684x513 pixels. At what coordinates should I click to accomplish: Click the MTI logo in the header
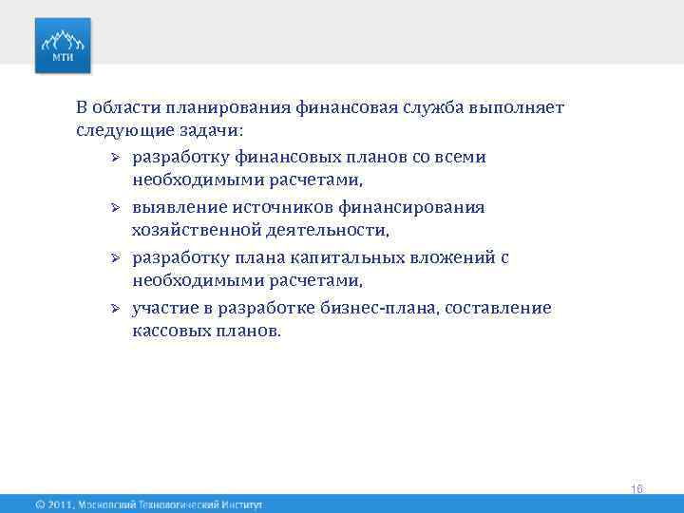coord(64,46)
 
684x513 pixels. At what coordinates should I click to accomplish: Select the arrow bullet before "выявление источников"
coord(111,207)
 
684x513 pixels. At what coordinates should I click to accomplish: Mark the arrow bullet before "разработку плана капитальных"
coord(111,258)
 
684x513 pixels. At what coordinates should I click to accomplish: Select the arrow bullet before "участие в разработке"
coord(111,309)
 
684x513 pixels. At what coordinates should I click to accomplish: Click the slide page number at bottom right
coord(636,488)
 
